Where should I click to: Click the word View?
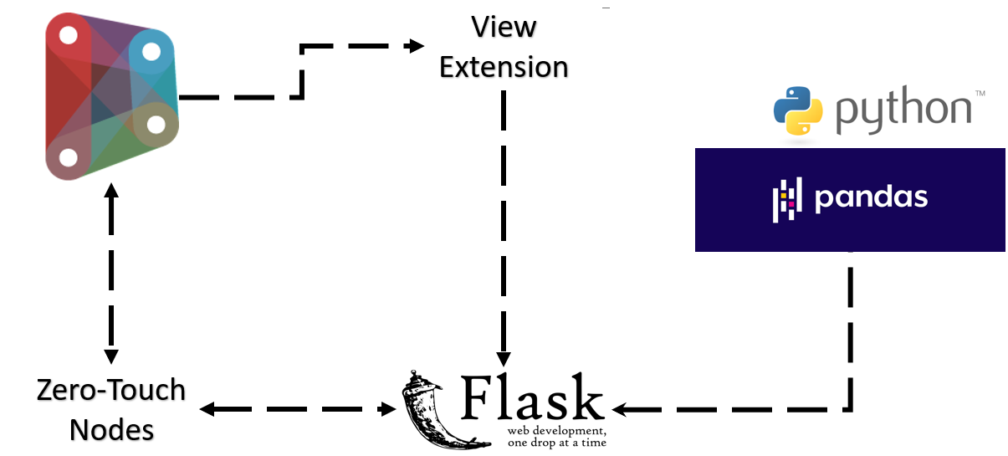coord(504,27)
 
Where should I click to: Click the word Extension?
coord(504,67)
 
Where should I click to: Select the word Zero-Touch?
coord(111,390)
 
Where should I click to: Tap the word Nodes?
coord(111,429)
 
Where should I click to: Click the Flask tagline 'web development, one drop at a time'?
coord(555,437)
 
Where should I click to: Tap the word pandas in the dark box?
coord(871,197)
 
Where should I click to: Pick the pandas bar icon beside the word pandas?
coord(786,197)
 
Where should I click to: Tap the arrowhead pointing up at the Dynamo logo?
coord(111,192)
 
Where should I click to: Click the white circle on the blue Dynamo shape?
coord(151,52)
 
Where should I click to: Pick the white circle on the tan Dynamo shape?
coord(156,125)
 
